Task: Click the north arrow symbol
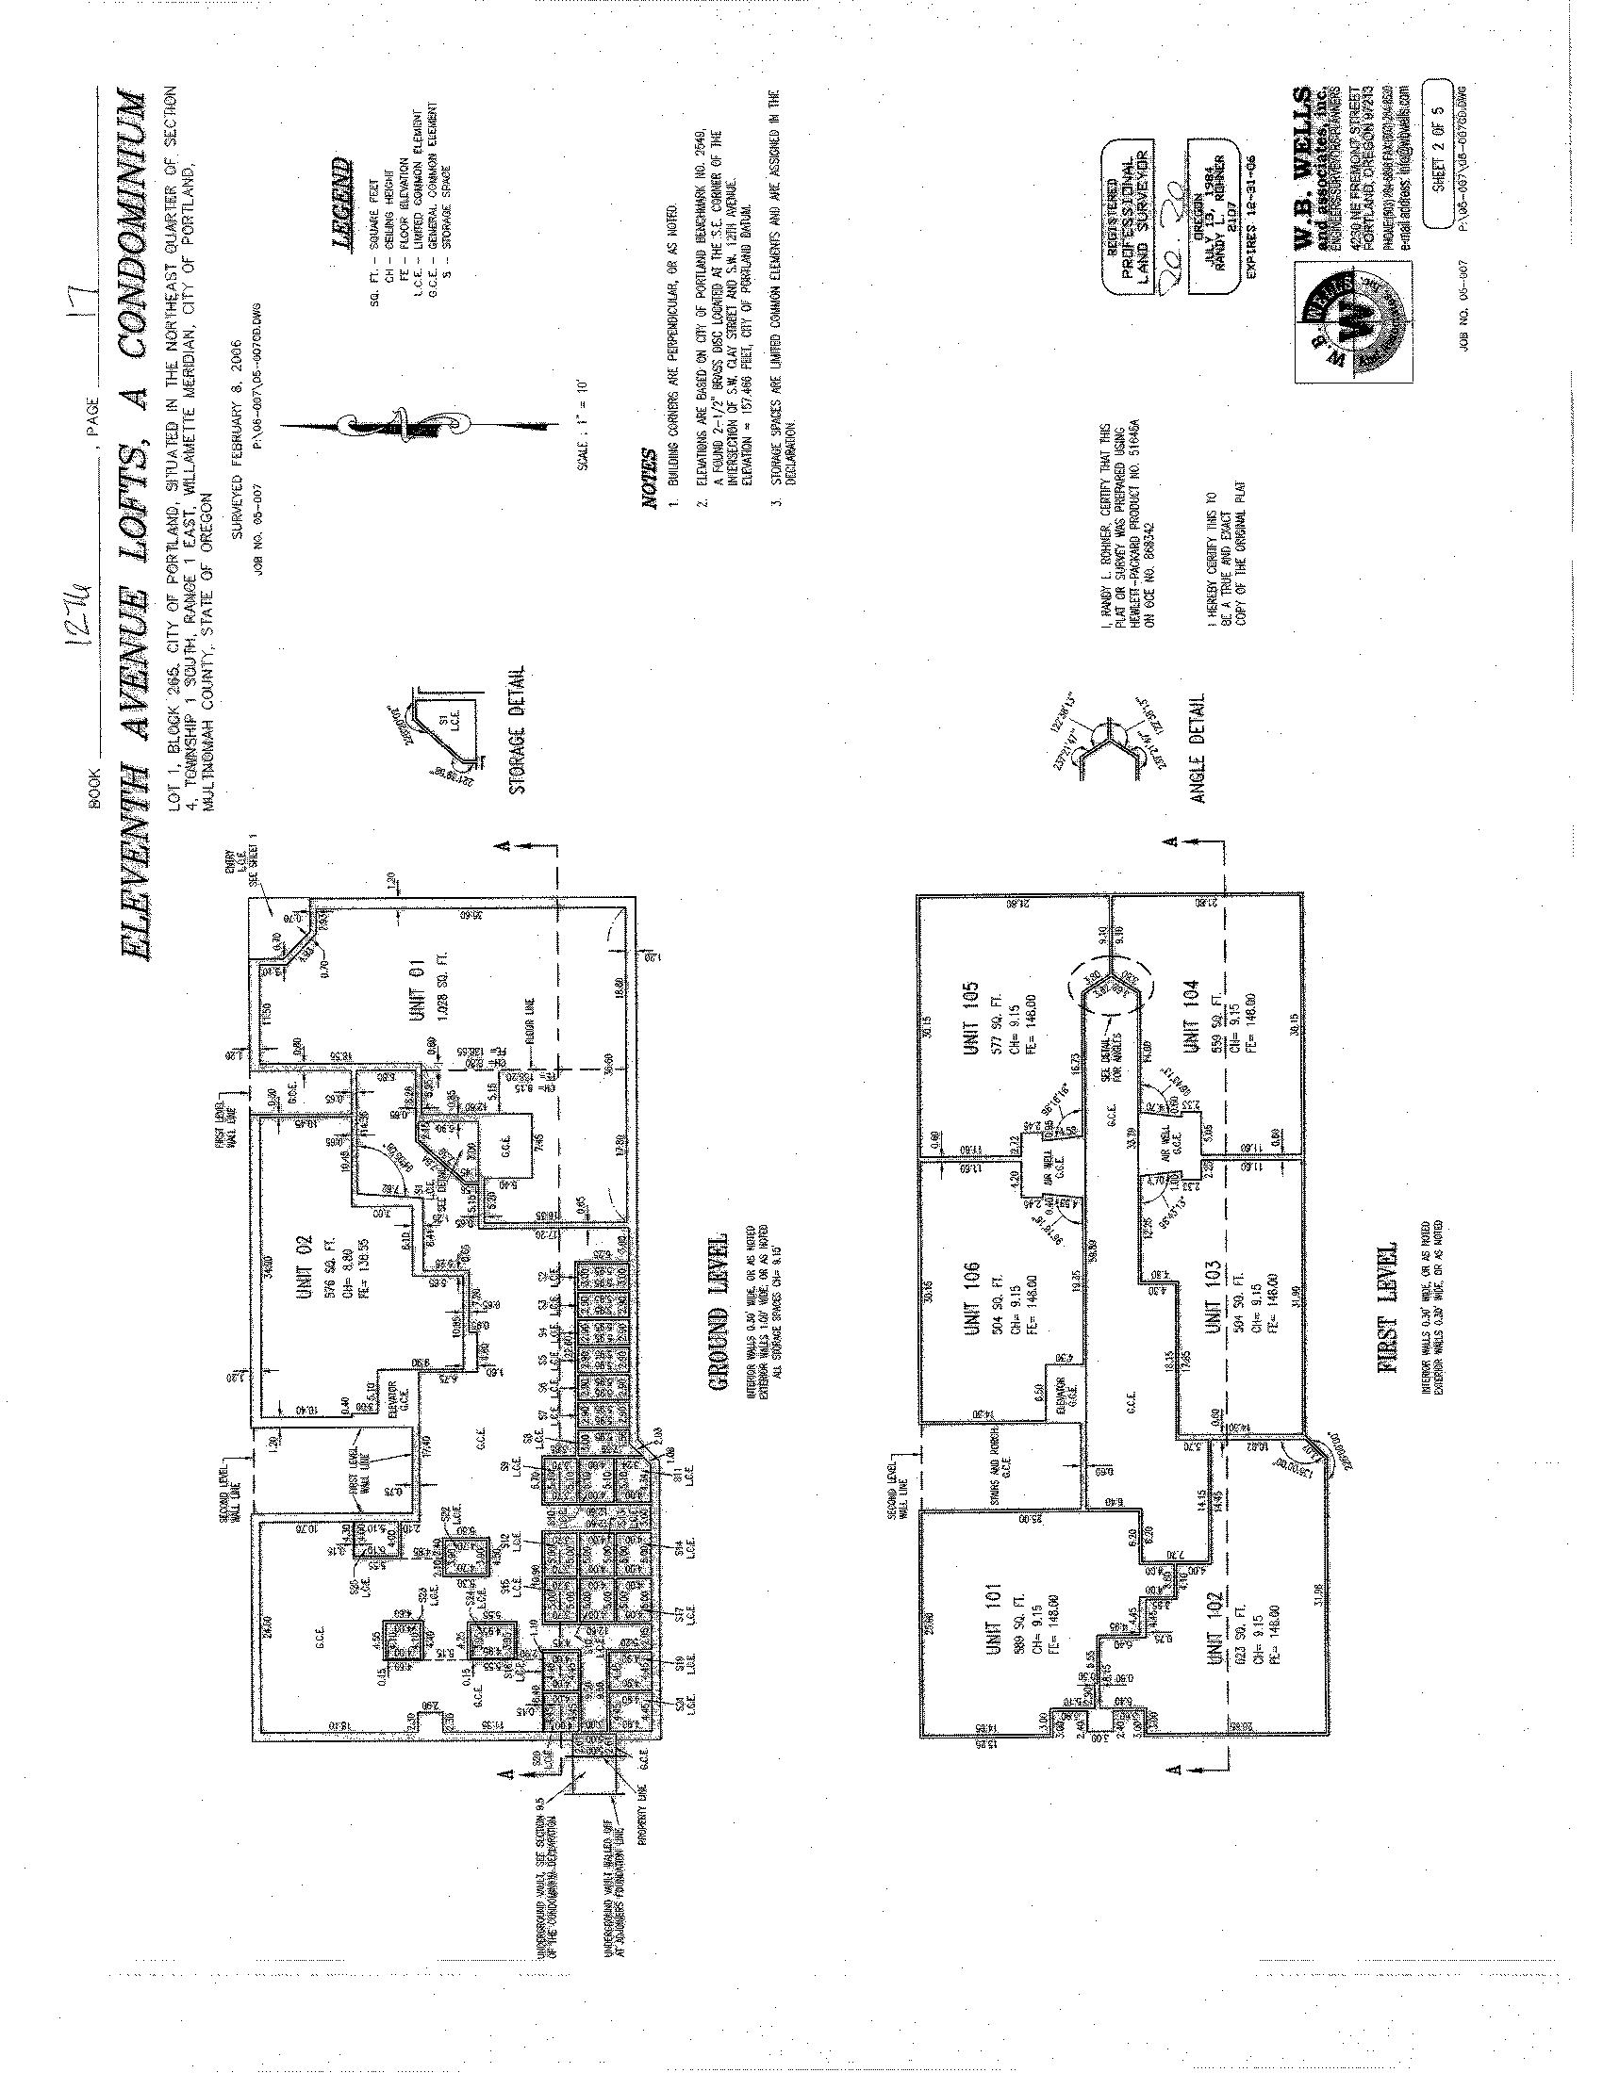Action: click(x=388, y=421)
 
